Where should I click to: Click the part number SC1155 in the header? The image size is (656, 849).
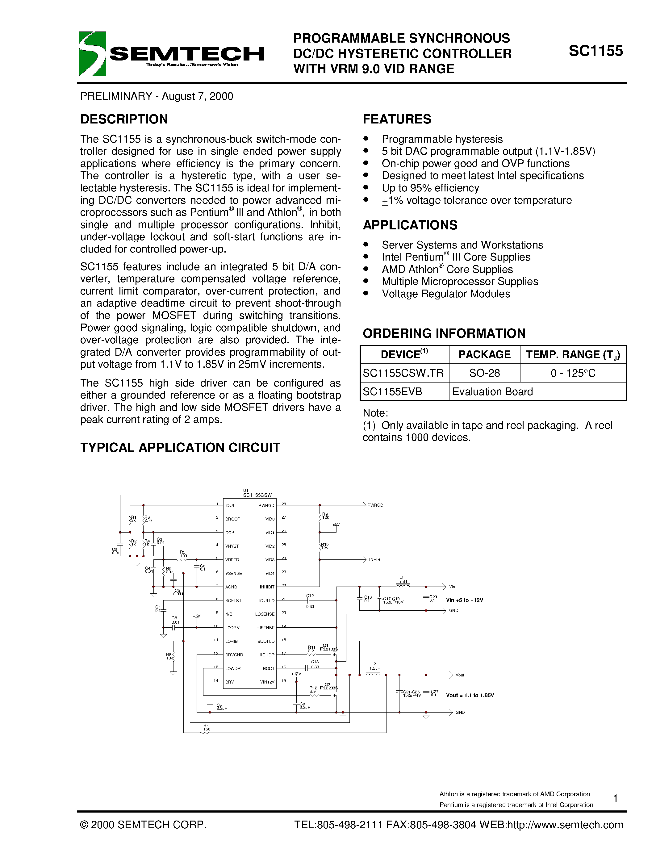click(x=595, y=51)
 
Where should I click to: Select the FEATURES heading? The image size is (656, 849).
click(x=397, y=119)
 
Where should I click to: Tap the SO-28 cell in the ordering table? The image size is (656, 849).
click(x=484, y=373)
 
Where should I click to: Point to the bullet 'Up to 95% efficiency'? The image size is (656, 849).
click(x=430, y=188)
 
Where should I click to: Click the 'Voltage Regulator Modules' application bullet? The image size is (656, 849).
click(x=446, y=294)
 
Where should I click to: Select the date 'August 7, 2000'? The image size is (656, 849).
click(x=198, y=96)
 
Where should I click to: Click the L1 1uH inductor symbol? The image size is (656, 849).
click(x=403, y=585)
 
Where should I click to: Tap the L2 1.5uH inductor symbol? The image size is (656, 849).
click(x=374, y=675)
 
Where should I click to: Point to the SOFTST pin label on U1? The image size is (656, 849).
click(x=233, y=600)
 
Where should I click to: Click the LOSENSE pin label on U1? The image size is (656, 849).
click(x=265, y=614)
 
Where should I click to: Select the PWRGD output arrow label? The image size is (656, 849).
click(x=375, y=505)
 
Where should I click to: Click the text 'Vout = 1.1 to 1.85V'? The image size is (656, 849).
click(x=470, y=695)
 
